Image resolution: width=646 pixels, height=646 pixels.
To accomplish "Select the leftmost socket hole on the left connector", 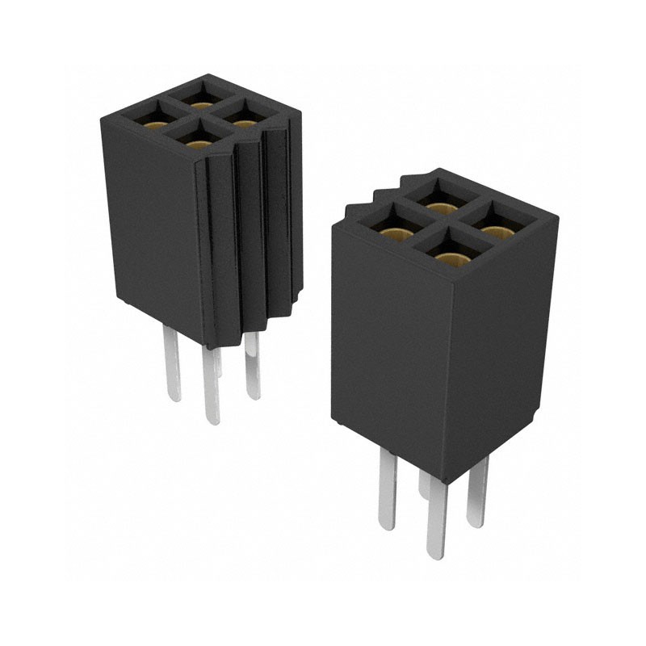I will [x=153, y=121].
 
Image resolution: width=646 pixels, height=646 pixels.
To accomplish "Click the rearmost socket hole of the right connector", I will [x=438, y=202].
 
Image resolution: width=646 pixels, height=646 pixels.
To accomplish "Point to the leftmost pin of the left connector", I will [x=173, y=363].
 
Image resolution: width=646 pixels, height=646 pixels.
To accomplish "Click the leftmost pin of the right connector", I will [x=387, y=493].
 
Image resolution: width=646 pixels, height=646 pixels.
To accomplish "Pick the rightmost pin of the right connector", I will [x=478, y=493].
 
